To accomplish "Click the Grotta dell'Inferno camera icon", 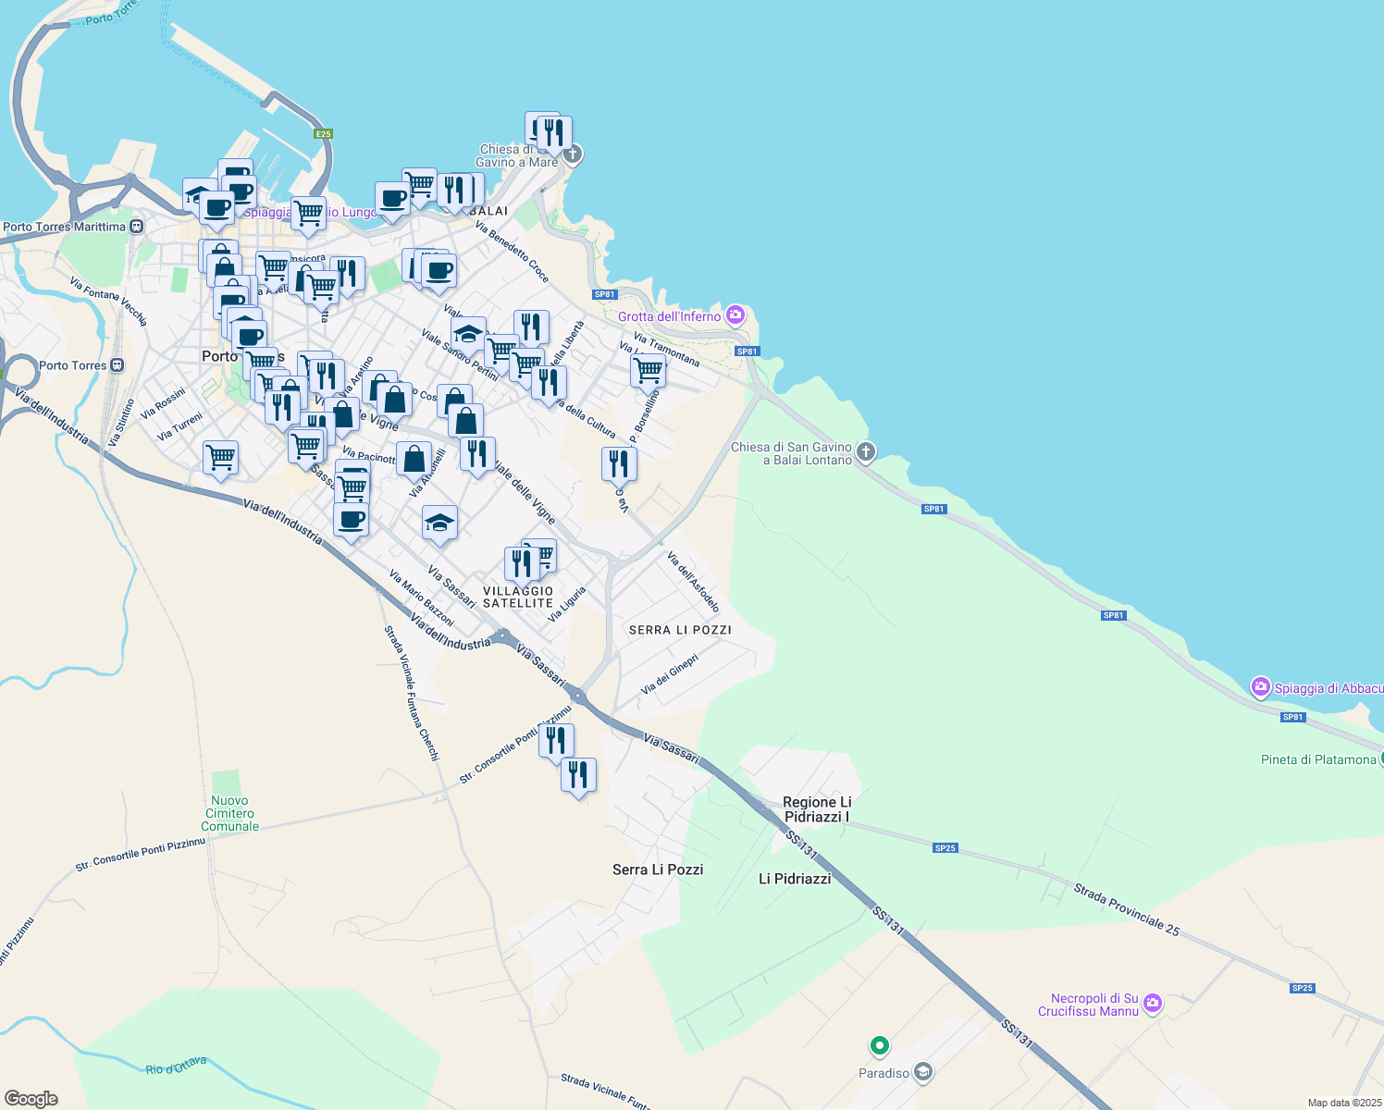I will [x=735, y=315].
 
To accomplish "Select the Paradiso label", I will [x=884, y=1073].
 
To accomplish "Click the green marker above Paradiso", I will [x=879, y=1046].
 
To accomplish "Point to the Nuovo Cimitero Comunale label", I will [x=229, y=813].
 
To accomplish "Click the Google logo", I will [x=31, y=1098].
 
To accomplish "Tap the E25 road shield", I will [x=322, y=134].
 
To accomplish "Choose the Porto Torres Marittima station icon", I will [x=137, y=227].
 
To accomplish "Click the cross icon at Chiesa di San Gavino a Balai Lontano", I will [x=866, y=451].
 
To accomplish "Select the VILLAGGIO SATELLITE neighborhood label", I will [x=518, y=597].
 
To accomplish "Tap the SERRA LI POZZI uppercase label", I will [x=680, y=630].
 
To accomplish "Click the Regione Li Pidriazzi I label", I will [x=817, y=809].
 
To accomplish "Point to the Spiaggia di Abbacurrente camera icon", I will [x=1260, y=687].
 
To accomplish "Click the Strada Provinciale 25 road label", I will [x=1126, y=909].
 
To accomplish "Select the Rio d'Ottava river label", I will [x=176, y=1066].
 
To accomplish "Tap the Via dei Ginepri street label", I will [x=669, y=674].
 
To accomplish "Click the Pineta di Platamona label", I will [x=1318, y=759].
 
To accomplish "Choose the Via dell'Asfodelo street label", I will [x=693, y=583].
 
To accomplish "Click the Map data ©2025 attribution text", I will [x=1343, y=1103].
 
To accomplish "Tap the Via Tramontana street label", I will [x=667, y=350].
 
